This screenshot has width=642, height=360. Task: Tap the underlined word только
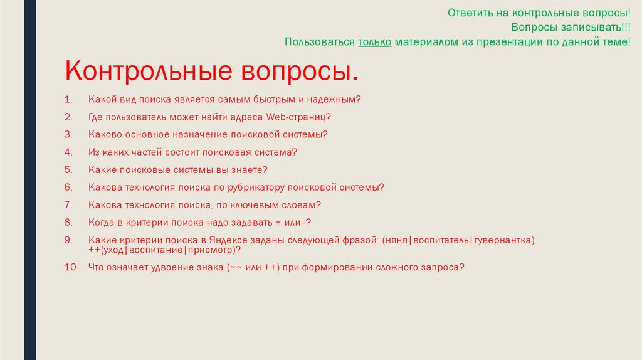click(375, 42)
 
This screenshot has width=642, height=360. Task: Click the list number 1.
click(68, 100)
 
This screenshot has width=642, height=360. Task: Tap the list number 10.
click(71, 267)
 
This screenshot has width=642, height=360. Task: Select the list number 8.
click(68, 222)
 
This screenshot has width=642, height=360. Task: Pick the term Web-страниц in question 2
click(298, 117)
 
